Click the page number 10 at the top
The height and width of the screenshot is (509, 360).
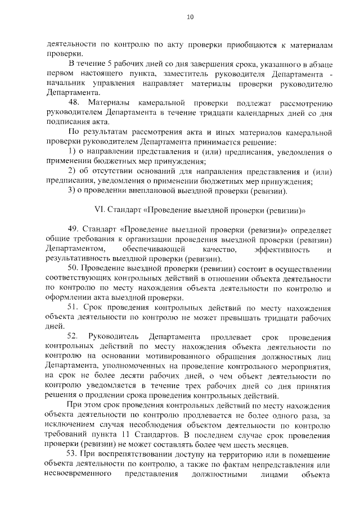(190, 17)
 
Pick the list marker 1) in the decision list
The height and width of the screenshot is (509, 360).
(71, 152)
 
